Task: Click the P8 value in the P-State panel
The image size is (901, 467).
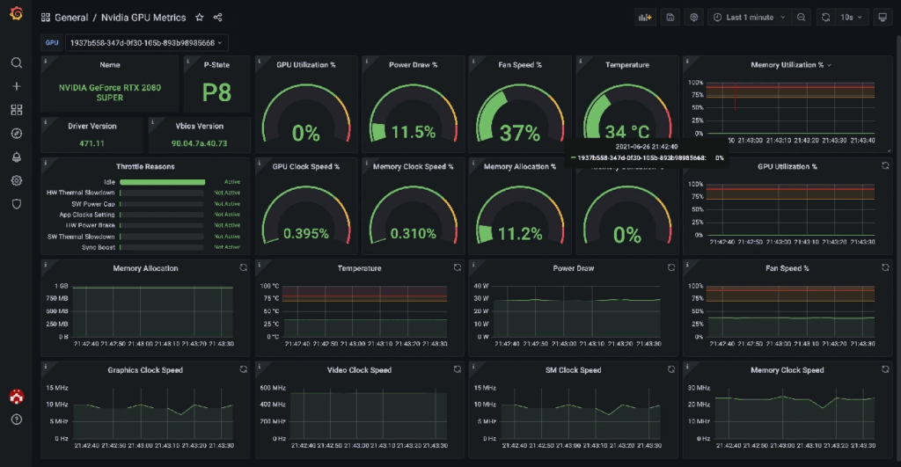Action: click(216, 93)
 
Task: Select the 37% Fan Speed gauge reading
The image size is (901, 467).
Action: click(519, 134)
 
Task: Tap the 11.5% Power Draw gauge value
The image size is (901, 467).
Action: click(413, 133)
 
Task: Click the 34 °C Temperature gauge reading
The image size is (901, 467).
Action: click(627, 132)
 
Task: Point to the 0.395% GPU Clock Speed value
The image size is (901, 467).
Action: click(305, 234)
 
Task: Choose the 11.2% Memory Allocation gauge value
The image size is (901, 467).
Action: click(519, 234)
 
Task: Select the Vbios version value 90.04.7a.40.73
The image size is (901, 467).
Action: click(199, 143)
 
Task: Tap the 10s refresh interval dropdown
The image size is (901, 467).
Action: click(852, 18)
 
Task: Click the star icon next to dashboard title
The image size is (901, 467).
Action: click(200, 18)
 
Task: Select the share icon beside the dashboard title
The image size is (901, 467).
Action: click(218, 18)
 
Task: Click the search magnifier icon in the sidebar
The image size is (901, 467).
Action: click(16, 63)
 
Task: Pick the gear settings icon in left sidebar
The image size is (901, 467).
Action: click(16, 180)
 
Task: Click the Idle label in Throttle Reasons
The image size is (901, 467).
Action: click(109, 182)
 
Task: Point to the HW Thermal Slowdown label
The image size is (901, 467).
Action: click(80, 193)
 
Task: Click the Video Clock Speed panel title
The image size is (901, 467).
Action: click(359, 370)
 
